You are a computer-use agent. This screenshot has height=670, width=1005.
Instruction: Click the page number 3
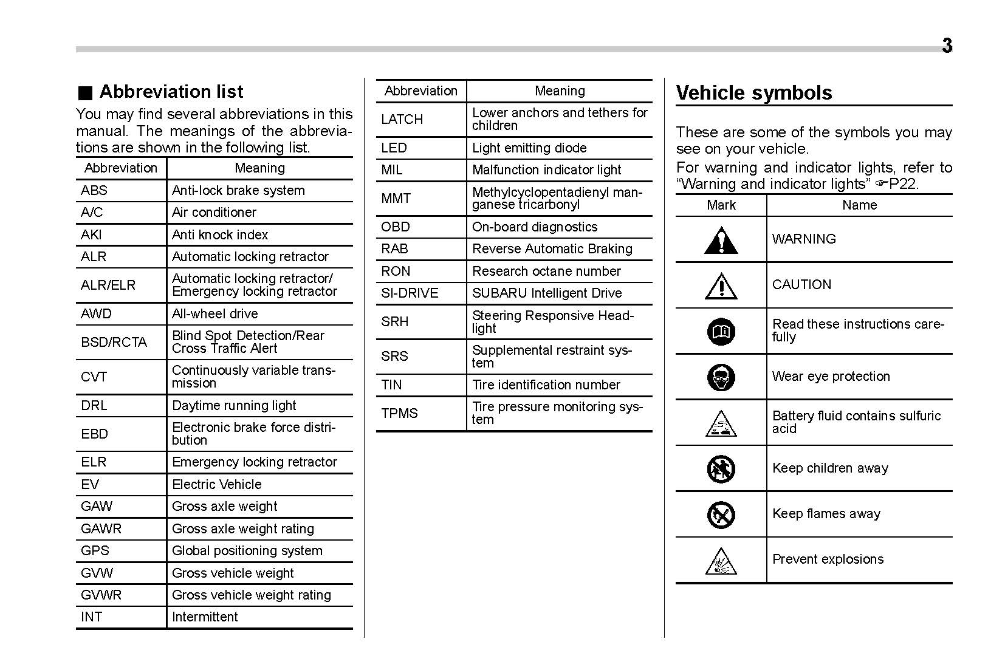[x=947, y=46]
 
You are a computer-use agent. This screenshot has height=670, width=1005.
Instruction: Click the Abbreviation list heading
[x=171, y=92]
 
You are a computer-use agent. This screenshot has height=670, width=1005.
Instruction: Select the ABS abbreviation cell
[x=94, y=191]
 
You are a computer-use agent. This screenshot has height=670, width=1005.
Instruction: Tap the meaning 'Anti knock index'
[x=219, y=235]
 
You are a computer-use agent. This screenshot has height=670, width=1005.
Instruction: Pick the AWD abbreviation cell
[x=96, y=314]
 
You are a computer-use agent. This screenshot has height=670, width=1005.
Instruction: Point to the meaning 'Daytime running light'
[x=234, y=406]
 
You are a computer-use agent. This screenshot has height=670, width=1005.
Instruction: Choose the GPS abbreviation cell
[x=95, y=551]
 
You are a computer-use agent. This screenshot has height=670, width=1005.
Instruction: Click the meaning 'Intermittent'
[x=205, y=617]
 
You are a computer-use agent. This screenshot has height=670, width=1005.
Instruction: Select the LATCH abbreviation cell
[x=402, y=120]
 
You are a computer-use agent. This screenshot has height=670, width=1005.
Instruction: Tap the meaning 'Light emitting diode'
[x=529, y=148]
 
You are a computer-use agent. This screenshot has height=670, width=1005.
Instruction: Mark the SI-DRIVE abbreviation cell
[x=410, y=293]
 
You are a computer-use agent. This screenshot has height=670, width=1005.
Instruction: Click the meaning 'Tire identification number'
[x=546, y=385]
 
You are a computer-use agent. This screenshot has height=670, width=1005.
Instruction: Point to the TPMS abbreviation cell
[x=399, y=414]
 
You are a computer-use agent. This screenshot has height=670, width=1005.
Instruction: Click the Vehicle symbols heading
[x=753, y=93]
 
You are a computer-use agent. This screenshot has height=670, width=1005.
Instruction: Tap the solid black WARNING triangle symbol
[x=721, y=241]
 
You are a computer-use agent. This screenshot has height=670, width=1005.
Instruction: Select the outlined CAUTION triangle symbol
[x=721, y=286]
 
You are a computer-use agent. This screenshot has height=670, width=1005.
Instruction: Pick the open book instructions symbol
[x=721, y=332]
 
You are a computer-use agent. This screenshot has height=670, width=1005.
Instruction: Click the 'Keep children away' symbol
[x=721, y=469]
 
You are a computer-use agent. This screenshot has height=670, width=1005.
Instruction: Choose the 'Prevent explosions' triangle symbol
[x=721, y=561]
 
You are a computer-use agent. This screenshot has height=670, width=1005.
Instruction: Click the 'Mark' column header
[x=721, y=205]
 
